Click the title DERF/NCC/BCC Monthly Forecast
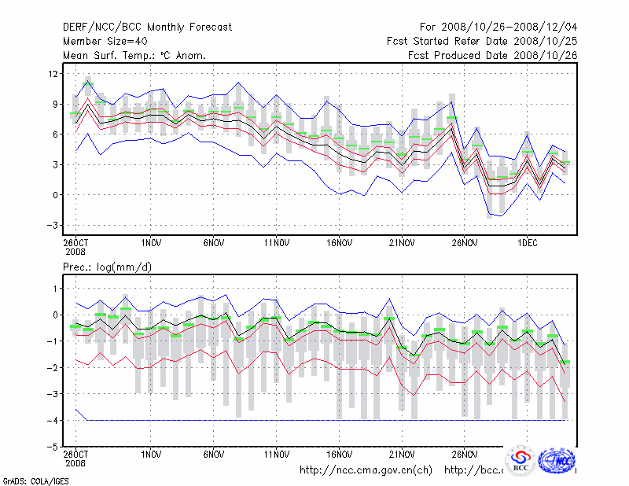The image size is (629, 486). (147, 28)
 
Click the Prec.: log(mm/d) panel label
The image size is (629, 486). (108, 267)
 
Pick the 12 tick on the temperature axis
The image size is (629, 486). (53, 73)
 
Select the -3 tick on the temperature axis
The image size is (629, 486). (53, 225)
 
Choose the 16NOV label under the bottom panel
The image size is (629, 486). (339, 455)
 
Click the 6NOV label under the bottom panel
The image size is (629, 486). (213, 455)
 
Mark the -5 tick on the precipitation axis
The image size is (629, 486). (53, 447)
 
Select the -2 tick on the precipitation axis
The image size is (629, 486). (53, 367)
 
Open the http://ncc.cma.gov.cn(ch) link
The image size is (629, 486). (366, 470)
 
